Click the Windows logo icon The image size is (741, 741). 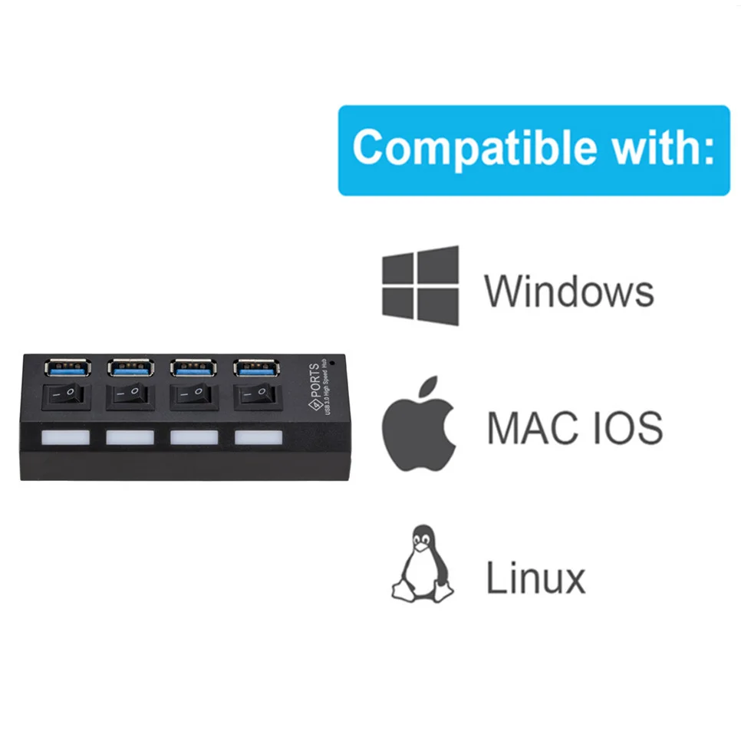coord(420,285)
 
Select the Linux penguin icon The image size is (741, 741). coord(422,564)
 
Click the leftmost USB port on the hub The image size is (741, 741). coord(68,368)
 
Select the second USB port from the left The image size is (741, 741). coord(131,368)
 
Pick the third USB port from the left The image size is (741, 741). coord(194,368)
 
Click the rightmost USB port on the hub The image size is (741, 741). coord(258,368)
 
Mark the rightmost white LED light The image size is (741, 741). coord(259,438)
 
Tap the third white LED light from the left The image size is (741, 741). coord(195,438)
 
